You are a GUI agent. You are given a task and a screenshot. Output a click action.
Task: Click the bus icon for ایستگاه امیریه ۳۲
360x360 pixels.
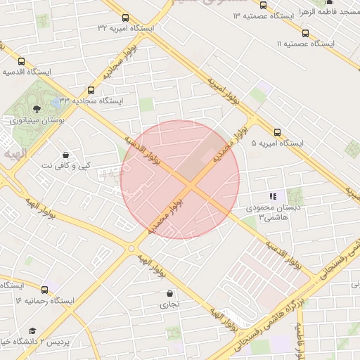tap(125, 18)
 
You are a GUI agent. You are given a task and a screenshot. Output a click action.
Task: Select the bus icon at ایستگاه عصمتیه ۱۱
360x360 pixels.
tap(304, 33)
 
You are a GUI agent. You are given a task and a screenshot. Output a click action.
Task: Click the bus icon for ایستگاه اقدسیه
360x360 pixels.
tap(22, 61)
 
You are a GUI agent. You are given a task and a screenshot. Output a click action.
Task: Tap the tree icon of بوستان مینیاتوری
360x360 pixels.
tap(36, 108)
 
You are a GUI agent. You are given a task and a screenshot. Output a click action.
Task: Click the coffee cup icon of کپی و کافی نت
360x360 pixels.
tap(65, 155)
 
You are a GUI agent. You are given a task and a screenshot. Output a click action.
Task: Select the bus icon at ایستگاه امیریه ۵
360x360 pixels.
tap(276, 131)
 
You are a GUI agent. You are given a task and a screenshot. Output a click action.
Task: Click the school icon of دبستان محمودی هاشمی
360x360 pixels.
tap(272, 196)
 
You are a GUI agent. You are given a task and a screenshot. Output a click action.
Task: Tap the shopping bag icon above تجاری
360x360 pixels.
tap(169, 293)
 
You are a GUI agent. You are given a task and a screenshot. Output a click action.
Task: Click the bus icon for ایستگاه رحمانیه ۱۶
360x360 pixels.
tap(45, 289)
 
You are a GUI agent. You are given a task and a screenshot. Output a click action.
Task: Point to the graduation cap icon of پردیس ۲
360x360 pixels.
tap(32, 330)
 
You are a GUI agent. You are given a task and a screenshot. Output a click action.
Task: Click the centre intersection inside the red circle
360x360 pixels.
tap(191, 184)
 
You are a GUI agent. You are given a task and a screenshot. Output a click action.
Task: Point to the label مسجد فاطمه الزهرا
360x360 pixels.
tap(333, 12)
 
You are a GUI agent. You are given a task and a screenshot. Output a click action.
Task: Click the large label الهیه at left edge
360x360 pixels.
tap(13, 153)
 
